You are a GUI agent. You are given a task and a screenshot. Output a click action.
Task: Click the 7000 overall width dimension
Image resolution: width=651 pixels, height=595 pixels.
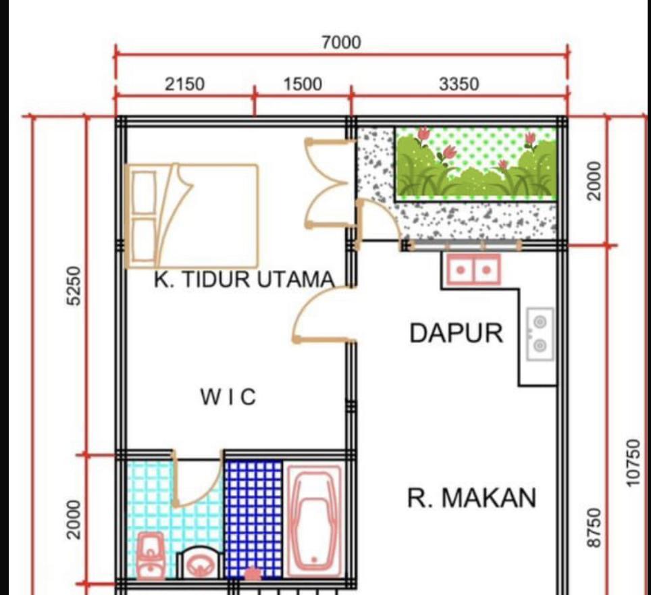341,43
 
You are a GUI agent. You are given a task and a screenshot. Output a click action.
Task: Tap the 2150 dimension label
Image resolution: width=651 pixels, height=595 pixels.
185,84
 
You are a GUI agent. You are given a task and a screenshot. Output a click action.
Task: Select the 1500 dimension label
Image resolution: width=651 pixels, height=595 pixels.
303,84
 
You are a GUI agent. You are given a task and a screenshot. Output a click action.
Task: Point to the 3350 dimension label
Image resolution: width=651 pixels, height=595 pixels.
459,84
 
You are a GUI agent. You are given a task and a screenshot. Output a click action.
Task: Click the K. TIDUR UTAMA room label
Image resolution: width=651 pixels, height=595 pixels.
244,279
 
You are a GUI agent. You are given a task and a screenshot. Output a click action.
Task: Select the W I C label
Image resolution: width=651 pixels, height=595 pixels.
228,396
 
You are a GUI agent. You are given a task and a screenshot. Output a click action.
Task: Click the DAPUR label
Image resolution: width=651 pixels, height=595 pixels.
457,333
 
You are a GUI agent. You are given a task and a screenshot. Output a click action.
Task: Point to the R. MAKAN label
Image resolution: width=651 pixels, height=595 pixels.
471,498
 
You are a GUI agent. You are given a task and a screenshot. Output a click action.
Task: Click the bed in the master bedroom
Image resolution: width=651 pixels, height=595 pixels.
191,215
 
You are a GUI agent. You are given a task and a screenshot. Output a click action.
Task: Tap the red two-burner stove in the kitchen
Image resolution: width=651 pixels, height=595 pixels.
473,270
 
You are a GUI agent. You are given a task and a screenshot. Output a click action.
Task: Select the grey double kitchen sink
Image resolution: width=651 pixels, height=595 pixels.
540,334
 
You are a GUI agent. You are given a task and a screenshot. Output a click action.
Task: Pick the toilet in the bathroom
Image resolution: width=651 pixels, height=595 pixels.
200,562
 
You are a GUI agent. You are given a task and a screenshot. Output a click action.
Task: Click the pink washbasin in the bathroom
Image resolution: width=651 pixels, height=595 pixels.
151,556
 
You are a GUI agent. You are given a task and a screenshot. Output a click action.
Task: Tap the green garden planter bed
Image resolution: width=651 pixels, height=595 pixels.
476,163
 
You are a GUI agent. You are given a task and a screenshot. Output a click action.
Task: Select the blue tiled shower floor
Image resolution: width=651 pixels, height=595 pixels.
254,519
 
